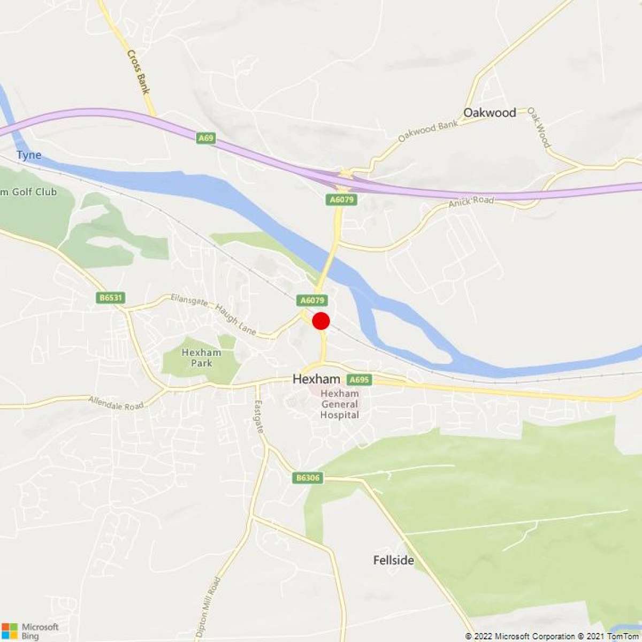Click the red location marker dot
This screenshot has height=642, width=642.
click(321, 321)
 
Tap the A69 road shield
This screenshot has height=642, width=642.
click(205, 138)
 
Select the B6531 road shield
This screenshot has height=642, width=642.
click(111, 297)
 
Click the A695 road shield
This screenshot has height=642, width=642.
click(359, 380)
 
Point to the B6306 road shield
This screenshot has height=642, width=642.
click(308, 478)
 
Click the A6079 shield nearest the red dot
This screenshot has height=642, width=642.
click(312, 300)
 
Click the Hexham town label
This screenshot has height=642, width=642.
click(316, 379)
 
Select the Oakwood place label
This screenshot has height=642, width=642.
click(490, 112)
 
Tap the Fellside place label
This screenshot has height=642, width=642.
click(394, 560)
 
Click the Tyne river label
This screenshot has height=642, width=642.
click(29, 155)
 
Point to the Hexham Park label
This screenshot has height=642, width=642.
click(201, 357)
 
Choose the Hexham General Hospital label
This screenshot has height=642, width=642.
click(340, 404)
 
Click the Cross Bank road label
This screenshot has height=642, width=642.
click(137, 72)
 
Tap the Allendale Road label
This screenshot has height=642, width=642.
click(116, 403)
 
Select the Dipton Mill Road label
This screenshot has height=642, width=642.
click(208, 607)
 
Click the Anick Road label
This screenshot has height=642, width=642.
click(471, 202)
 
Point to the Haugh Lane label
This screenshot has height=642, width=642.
click(235, 319)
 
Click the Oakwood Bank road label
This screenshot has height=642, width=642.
click(428, 131)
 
